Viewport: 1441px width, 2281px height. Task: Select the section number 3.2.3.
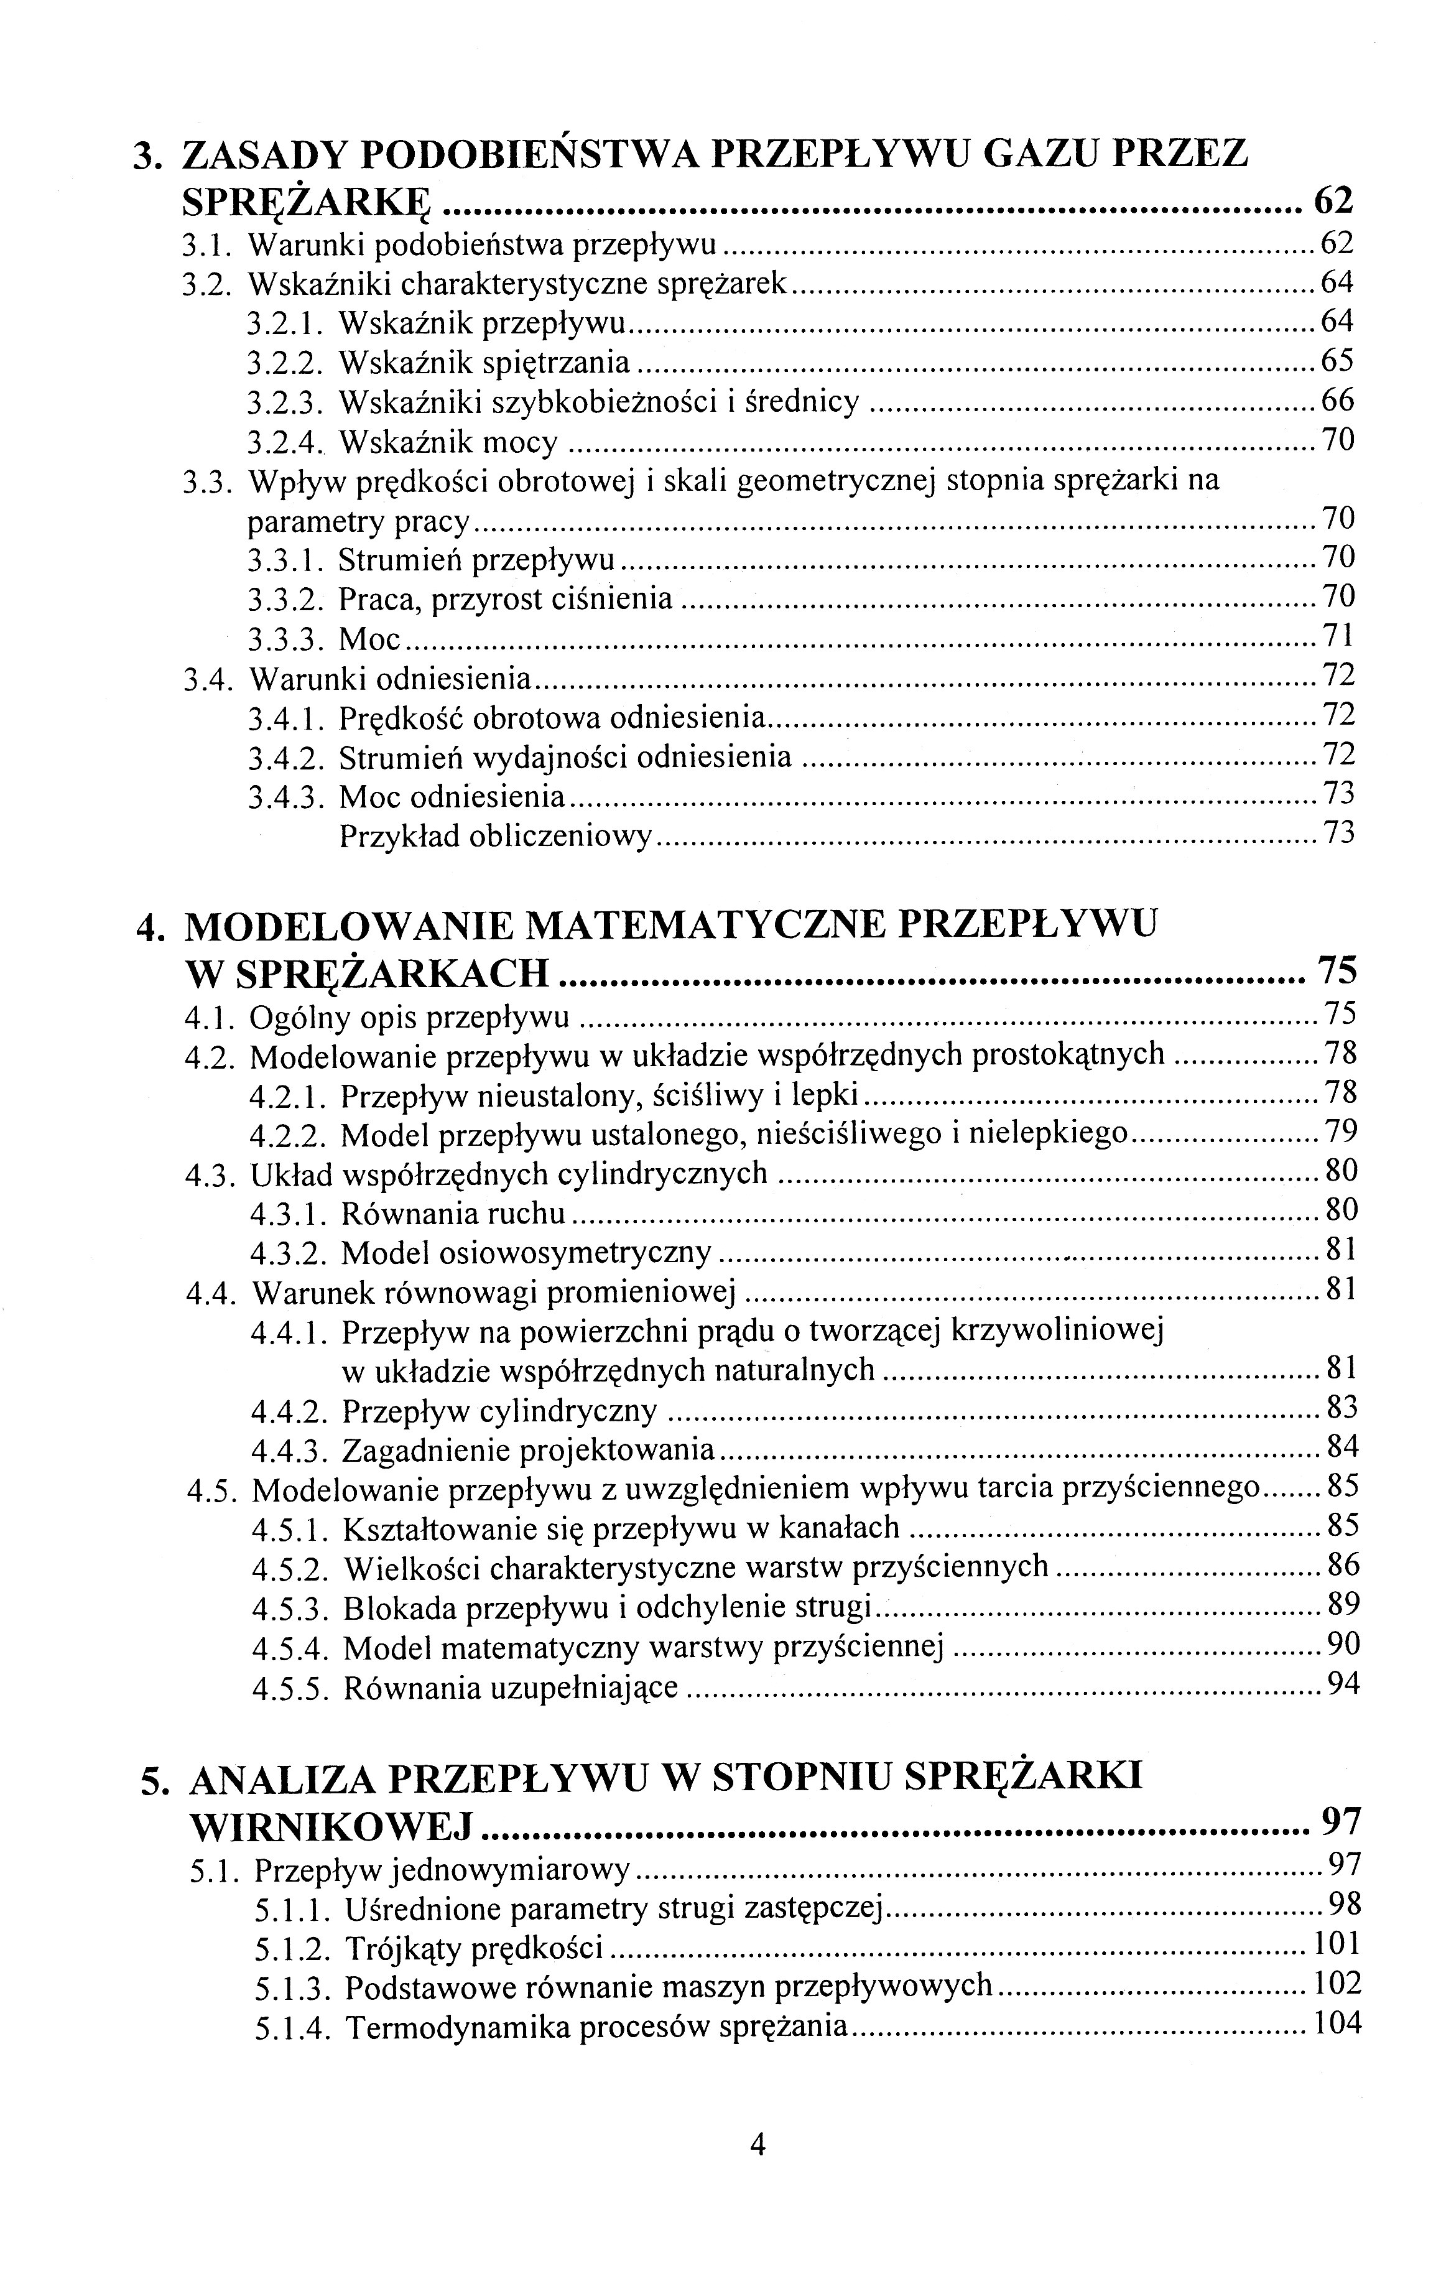286,402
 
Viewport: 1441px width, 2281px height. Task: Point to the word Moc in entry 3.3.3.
371,639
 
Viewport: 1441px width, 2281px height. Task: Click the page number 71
1338,634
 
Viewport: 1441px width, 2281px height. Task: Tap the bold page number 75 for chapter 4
1337,971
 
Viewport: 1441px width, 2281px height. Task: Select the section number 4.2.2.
289,1135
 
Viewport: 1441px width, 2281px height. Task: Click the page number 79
1341,1131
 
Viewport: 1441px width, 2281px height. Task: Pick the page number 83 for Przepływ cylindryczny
1341,1408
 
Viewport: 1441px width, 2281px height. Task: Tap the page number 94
1343,1684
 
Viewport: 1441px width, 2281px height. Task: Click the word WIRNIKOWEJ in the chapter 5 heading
331,1823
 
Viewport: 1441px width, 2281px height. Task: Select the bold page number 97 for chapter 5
1340,1819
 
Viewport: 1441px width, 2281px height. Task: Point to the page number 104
1336,2023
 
